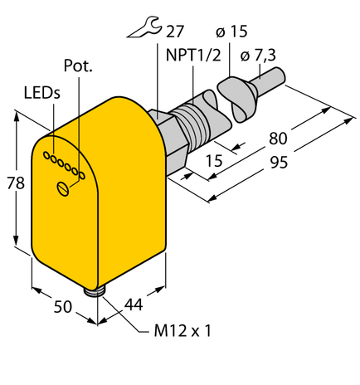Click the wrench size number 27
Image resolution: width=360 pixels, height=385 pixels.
173,33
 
